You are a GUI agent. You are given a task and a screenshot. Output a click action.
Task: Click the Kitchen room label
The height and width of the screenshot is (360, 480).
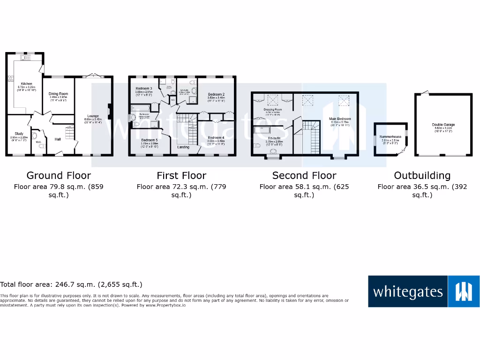pyautogui.click(x=26, y=84)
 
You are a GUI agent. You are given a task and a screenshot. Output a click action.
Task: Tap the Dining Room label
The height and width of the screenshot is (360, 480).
pyautogui.click(x=59, y=94)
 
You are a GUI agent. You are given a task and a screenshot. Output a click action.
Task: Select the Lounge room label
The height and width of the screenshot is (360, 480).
pyautogui.click(x=93, y=116)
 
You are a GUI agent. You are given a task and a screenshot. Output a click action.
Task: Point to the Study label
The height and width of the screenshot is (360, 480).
pyautogui.click(x=19, y=134)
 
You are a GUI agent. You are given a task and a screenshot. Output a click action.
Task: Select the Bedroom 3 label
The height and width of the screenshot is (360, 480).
pyautogui.click(x=144, y=89)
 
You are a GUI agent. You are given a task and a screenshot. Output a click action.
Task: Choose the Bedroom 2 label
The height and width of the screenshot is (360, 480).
pyautogui.click(x=216, y=94)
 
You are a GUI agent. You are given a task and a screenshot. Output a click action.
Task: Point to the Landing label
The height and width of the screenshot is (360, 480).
pyautogui.click(x=183, y=147)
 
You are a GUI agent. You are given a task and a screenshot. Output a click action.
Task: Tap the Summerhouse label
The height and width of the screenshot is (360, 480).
pyautogui.click(x=390, y=137)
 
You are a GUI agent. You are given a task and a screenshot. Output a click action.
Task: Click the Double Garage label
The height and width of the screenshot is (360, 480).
pyautogui.click(x=443, y=125)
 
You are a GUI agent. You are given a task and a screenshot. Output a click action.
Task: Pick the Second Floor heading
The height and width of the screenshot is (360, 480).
pyautogui.click(x=304, y=175)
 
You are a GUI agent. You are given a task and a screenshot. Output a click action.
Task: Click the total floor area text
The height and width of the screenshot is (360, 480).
pyautogui.click(x=71, y=284)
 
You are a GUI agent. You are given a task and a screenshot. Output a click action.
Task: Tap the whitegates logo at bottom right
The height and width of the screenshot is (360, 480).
pyautogui.click(x=423, y=292)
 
